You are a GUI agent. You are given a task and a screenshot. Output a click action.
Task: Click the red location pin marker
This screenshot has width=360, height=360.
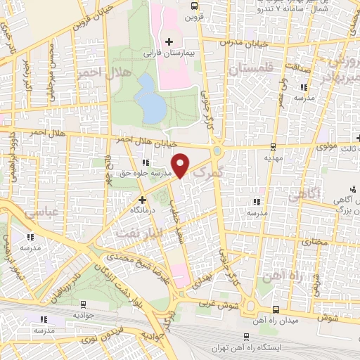tap(181, 165)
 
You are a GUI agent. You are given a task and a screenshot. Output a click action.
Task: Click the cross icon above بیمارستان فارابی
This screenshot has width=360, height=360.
tap(169, 41)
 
